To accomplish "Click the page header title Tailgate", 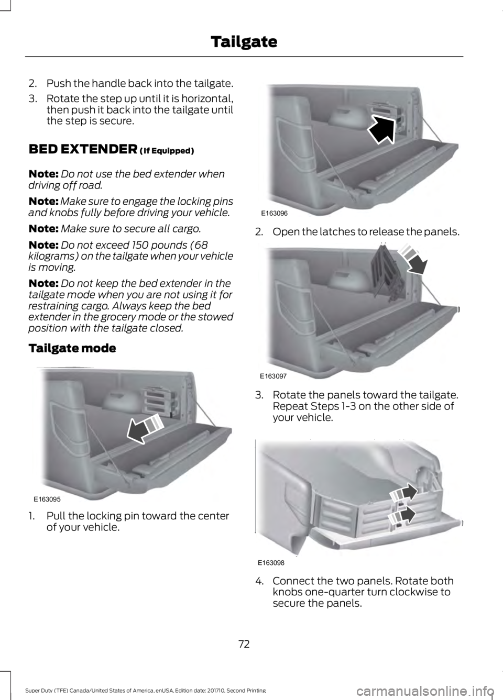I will pyautogui.click(x=244, y=41).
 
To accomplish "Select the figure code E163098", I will pyautogui.click(x=271, y=562).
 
